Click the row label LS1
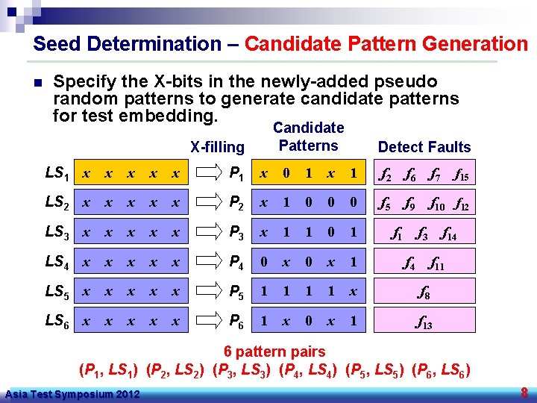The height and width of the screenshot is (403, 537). point(57,174)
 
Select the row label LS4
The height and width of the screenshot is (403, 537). point(57,262)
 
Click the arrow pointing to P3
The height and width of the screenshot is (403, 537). point(205,233)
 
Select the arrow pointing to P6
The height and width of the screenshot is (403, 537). point(205,321)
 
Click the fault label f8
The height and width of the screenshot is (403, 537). point(422,293)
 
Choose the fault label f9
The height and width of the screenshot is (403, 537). point(410,204)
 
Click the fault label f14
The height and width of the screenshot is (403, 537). point(449,234)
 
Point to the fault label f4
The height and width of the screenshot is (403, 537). point(409,263)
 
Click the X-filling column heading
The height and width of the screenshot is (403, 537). point(217,148)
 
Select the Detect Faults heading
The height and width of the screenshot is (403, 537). point(424,147)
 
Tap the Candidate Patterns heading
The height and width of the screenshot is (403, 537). point(308,137)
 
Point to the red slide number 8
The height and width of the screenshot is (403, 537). point(524,393)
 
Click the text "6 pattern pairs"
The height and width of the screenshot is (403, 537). point(275,352)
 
